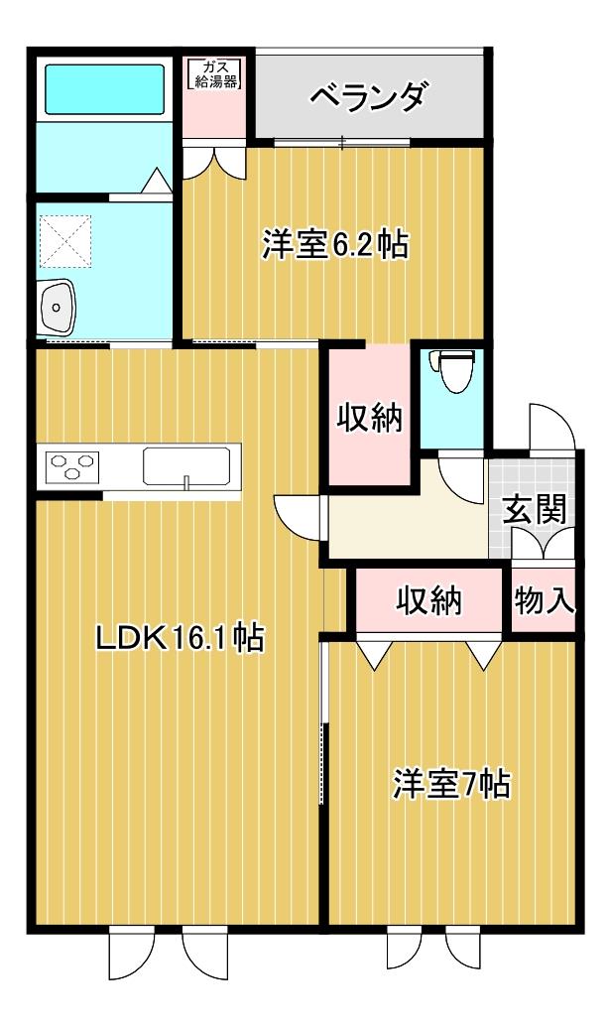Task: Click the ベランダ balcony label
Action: pos(370,97)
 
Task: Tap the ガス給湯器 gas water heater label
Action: pos(214,74)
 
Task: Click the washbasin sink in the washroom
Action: pos(58,307)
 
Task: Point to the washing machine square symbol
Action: pos(65,241)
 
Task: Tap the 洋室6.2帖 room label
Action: pos(336,244)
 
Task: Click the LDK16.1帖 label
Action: pos(180,637)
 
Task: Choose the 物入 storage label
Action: pos(545,599)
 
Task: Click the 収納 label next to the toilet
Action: pos(370,418)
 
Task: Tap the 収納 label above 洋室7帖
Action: pos(429,600)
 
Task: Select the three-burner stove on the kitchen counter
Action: pos(72,465)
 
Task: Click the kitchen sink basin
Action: pos(187,467)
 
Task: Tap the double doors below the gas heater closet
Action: pos(214,161)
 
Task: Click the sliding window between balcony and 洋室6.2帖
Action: pos(341,142)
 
